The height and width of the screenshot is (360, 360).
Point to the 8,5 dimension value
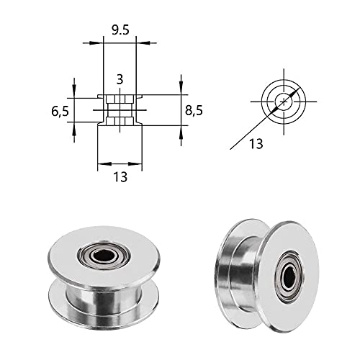pos(194,111)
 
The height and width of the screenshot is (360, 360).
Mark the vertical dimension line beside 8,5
pos(180,108)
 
